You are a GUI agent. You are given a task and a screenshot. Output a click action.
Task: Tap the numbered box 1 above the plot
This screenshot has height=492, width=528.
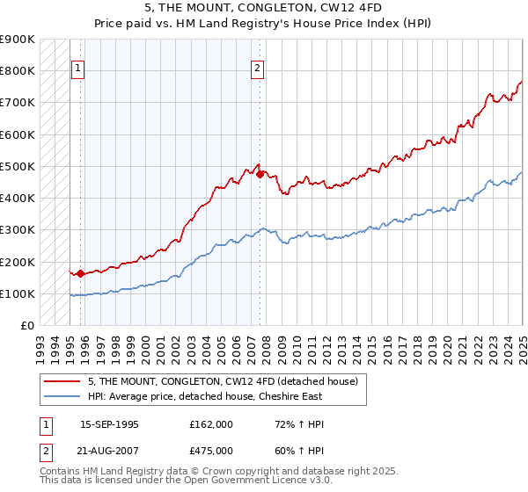click(77, 69)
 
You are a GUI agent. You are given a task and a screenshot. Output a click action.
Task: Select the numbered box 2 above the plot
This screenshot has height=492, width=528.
click(257, 69)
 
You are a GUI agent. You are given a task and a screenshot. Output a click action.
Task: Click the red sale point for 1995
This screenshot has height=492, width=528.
click(80, 273)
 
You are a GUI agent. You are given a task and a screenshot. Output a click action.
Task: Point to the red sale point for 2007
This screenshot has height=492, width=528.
click(260, 174)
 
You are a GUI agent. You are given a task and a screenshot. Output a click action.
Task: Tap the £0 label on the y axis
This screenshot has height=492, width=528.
click(27, 326)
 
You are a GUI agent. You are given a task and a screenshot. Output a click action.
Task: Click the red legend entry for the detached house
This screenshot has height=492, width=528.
click(223, 381)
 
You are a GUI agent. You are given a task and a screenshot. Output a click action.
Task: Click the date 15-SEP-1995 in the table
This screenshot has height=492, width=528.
click(109, 424)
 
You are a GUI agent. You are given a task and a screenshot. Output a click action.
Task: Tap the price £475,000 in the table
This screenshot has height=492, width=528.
click(211, 451)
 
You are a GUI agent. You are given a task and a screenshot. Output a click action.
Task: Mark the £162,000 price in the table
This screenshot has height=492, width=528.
click(211, 424)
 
